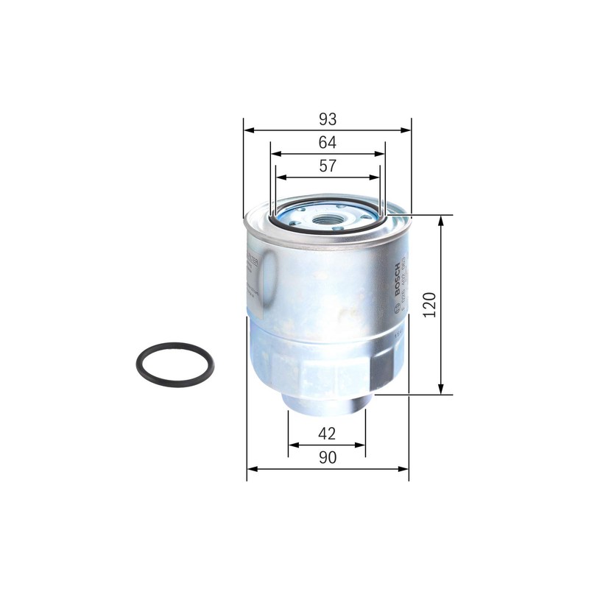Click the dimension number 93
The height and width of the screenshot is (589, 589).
[x=328, y=119]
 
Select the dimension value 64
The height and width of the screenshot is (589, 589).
[x=328, y=142]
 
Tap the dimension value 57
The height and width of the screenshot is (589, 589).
[x=328, y=166]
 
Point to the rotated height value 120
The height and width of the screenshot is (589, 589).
[x=430, y=304]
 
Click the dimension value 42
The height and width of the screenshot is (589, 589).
[x=328, y=433]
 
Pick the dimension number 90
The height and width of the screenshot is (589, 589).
[x=328, y=457]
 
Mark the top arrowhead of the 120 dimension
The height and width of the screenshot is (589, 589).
[x=441, y=220]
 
